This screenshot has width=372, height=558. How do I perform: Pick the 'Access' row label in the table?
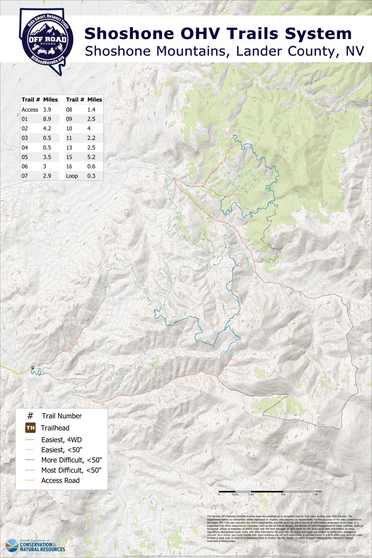tap(30, 109)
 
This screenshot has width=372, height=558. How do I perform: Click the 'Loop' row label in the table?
tap(72, 176)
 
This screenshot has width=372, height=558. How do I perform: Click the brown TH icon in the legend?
tap(30, 428)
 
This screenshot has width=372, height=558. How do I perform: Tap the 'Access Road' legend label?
tap(60, 480)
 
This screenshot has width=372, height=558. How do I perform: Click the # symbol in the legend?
tap(30, 416)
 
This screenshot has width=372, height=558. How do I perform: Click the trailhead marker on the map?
tap(32, 368)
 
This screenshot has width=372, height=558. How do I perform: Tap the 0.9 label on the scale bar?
tap(283, 494)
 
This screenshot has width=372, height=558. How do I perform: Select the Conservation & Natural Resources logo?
tap(36, 545)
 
